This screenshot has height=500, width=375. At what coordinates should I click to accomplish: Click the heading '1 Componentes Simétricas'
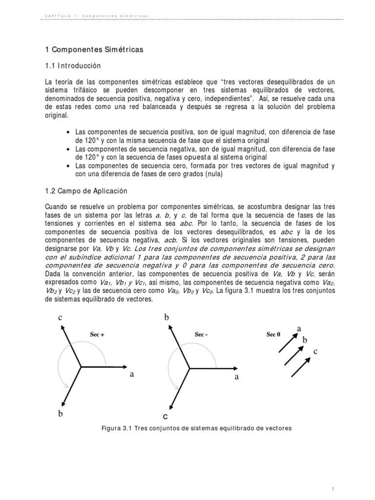[92, 50]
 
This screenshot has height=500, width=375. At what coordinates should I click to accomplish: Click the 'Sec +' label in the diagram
[97, 334]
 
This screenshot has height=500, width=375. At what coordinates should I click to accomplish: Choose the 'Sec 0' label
[273, 334]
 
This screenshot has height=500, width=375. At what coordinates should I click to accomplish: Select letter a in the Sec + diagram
[132, 374]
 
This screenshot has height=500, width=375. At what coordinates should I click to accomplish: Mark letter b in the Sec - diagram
[166, 317]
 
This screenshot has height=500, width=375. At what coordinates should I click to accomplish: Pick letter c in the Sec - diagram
[166, 417]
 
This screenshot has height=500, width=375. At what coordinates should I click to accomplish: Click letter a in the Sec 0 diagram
[299, 329]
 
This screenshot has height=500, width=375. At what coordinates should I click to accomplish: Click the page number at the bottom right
[332, 475]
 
